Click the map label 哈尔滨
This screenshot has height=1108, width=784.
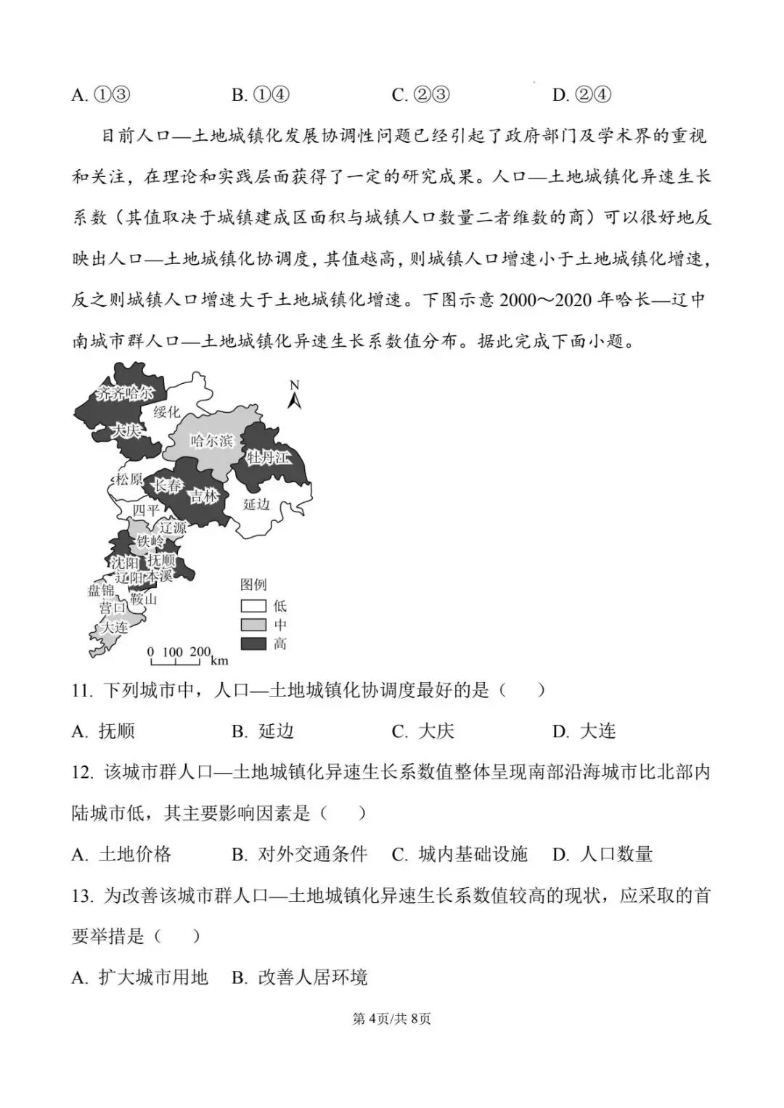pyautogui.click(x=211, y=440)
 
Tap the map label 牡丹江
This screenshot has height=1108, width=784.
pyautogui.click(x=268, y=457)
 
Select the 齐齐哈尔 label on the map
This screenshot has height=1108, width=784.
pyautogui.click(x=126, y=393)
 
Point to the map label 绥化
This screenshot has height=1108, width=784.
pyautogui.click(x=166, y=412)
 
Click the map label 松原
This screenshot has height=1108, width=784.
pyautogui.click(x=129, y=480)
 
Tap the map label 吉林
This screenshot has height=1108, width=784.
pyautogui.click(x=203, y=496)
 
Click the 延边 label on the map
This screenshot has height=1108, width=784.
pyautogui.click(x=256, y=504)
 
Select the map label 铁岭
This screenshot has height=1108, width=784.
pyautogui.click(x=150, y=542)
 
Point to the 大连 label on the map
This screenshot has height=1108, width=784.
pyautogui.click(x=114, y=627)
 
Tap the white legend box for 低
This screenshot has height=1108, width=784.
pyautogui.click(x=253, y=606)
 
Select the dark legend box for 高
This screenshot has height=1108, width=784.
pyautogui.click(x=253, y=644)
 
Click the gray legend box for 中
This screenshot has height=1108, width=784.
pyautogui.click(x=253, y=625)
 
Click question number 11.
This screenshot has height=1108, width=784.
pyautogui.click(x=82, y=690)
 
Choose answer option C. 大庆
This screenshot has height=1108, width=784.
pyautogui.click(x=423, y=731)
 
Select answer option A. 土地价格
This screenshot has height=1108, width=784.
pyautogui.click(x=122, y=855)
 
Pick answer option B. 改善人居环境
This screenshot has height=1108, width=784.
pyautogui.click(x=300, y=978)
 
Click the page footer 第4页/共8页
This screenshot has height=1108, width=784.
pyautogui.click(x=391, y=1019)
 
